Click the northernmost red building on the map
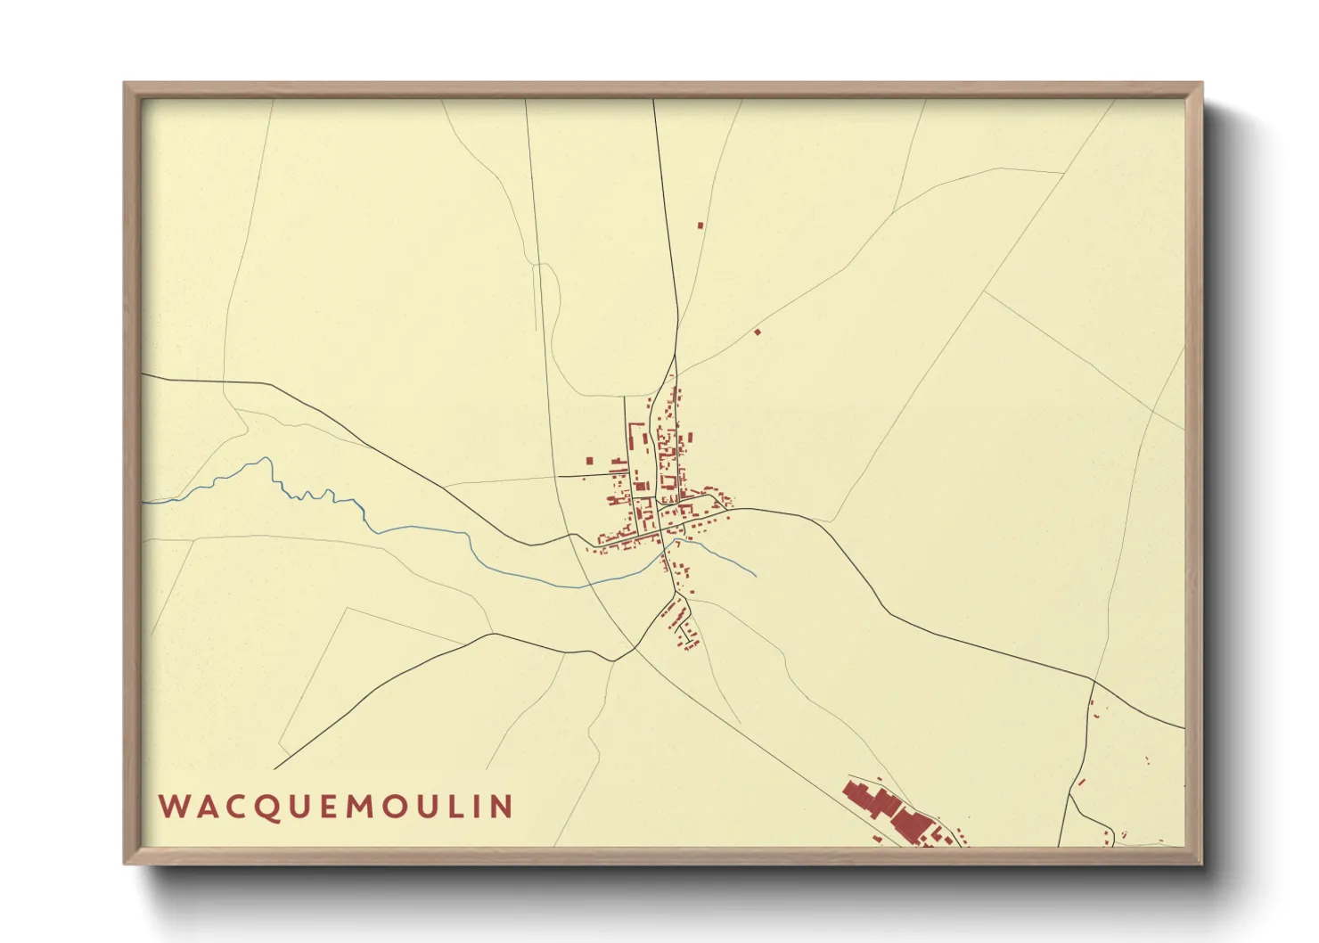pos(700,225)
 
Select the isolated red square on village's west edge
pos(589,461)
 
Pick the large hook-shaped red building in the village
pos(635,437)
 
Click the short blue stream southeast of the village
pos(726,559)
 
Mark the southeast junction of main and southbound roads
pos(1094,682)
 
